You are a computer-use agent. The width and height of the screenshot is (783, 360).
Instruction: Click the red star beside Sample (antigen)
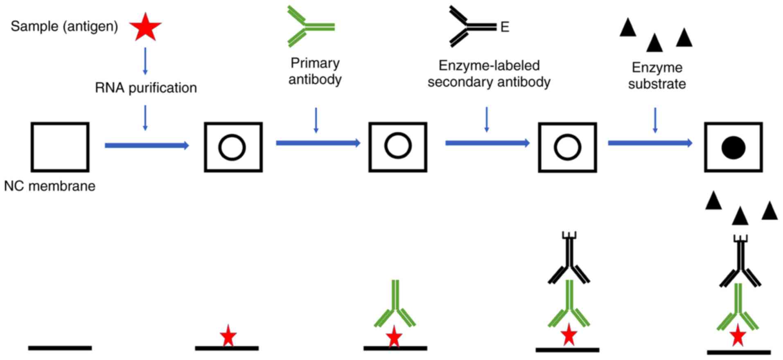[145, 27]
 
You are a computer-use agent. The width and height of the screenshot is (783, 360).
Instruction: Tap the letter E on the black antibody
[505, 27]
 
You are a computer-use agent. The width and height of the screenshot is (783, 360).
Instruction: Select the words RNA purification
[146, 88]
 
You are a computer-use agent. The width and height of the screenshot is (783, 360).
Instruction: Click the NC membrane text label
[50, 186]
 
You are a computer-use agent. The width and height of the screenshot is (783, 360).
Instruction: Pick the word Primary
[315, 63]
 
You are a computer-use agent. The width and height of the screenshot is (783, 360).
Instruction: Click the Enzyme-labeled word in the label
[489, 65]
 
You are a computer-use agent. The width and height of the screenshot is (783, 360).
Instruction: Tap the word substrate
[657, 84]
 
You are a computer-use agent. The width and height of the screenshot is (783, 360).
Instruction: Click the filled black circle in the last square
[733, 148]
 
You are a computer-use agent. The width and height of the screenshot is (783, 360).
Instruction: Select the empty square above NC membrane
[60, 147]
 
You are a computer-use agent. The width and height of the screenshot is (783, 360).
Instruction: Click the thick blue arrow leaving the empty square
[147, 145]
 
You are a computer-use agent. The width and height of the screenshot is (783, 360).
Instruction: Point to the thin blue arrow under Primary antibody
[316, 120]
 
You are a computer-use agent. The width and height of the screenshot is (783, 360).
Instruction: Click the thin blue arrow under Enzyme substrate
[655, 120]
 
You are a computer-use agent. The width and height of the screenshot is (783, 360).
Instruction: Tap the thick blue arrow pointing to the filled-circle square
[650, 143]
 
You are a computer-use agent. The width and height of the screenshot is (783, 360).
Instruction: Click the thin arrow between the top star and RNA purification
[145, 61]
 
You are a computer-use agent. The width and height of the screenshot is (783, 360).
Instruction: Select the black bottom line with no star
[60, 348]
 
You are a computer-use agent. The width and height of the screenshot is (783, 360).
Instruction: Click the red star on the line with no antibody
[228, 336]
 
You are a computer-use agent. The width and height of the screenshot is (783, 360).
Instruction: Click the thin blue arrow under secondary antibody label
[486, 119]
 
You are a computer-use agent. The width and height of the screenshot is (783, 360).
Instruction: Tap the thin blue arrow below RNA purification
[145, 118]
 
